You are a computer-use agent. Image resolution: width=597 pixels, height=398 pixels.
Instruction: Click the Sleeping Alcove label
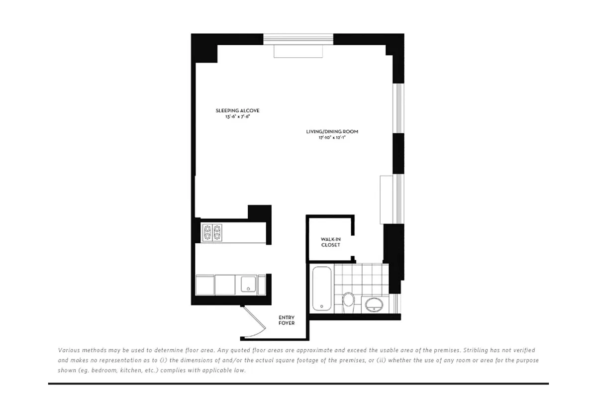click(237, 110)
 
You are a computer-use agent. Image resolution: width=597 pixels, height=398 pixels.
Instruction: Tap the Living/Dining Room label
click(332, 132)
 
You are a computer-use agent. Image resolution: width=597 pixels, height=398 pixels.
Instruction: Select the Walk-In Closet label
click(330, 242)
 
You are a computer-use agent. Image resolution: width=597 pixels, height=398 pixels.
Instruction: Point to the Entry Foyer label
click(287, 320)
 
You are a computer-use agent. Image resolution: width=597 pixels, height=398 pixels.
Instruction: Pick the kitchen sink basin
click(248, 284)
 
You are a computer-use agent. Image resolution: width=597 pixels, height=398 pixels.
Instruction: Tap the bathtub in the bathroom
click(321, 289)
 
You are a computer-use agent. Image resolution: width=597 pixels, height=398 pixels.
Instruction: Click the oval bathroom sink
click(374, 304)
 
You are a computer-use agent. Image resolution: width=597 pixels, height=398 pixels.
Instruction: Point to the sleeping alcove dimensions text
click(237, 117)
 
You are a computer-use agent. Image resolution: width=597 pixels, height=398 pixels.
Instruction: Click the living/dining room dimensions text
click(332, 138)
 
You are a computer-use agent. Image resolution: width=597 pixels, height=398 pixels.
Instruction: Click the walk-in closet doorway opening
click(353, 246)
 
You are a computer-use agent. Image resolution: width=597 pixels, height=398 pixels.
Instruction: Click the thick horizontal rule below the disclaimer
click(298, 384)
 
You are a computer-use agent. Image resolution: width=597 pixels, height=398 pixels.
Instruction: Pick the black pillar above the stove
click(259, 212)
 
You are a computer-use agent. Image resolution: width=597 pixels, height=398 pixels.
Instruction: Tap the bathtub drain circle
click(321, 307)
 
